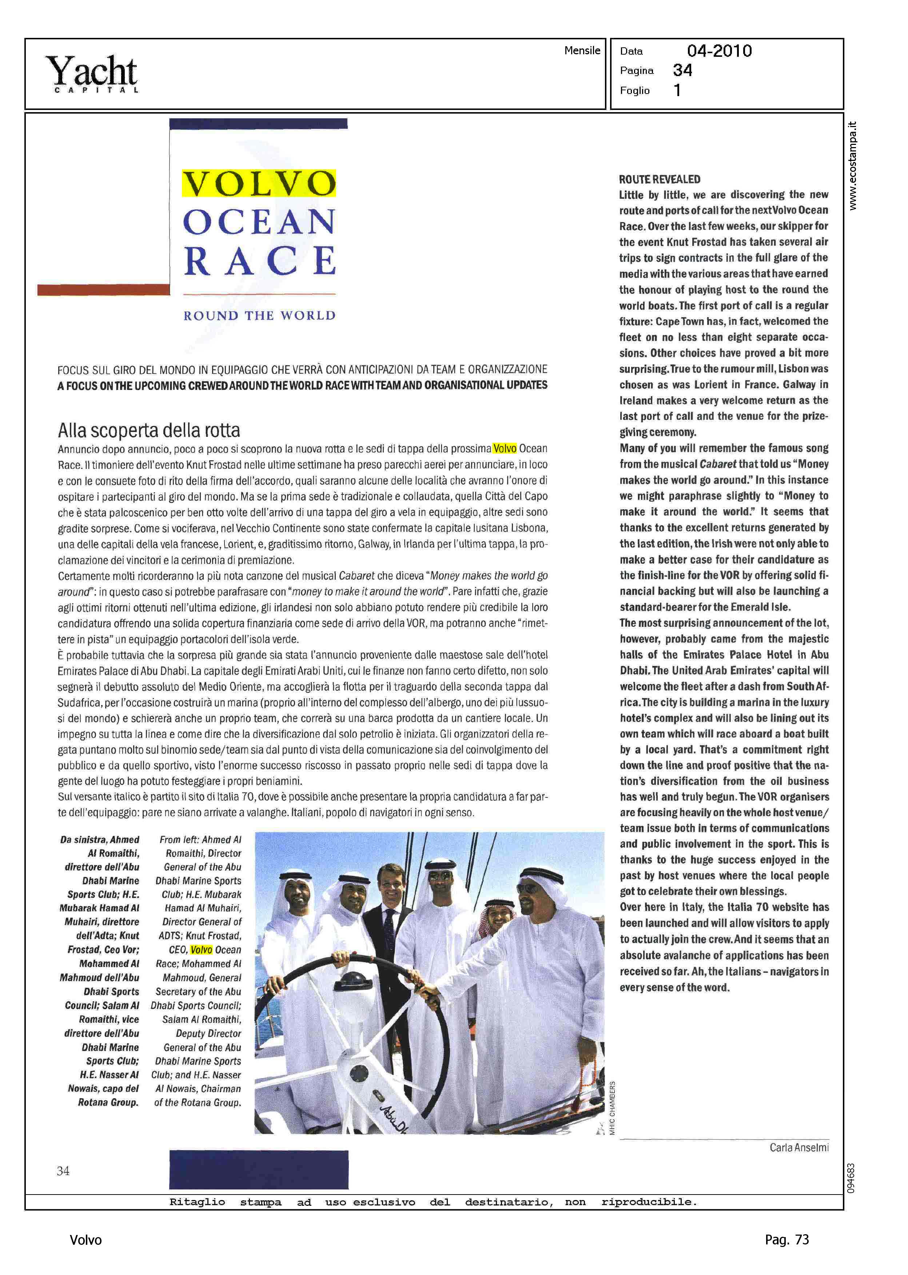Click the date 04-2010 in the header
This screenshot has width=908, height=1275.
pyautogui.click(x=719, y=51)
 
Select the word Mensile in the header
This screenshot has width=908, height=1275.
pyautogui.click(x=582, y=50)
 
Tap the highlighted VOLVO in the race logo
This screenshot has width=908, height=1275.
pyautogui.click(x=259, y=183)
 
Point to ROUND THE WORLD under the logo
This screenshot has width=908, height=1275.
pyautogui.click(x=259, y=316)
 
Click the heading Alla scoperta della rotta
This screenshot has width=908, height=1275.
pyautogui.click(x=149, y=430)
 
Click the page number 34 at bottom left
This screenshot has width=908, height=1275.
pyautogui.click(x=63, y=1171)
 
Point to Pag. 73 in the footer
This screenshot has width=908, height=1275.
pyautogui.click(x=786, y=1239)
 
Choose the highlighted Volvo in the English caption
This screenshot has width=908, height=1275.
pyautogui.click(x=201, y=950)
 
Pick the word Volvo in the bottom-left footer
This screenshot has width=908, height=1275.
pyautogui.click(x=85, y=1240)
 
